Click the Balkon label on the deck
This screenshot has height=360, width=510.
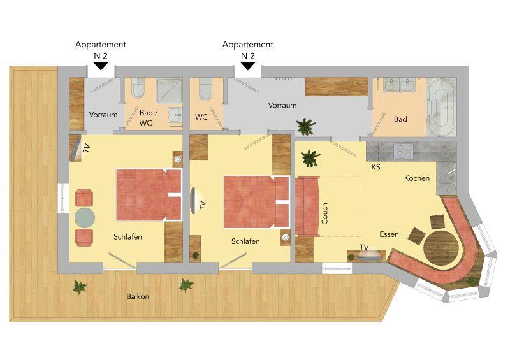click(x=138, y=296)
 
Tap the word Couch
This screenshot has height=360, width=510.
click(x=324, y=213)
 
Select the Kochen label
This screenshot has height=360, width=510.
click(x=417, y=178)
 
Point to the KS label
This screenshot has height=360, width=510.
click(x=375, y=167)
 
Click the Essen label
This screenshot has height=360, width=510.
click(x=389, y=234)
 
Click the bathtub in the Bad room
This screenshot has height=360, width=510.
click(x=441, y=106)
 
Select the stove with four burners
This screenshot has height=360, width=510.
click(x=404, y=151)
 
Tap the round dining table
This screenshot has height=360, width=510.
click(x=441, y=248)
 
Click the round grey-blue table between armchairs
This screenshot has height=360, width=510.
click(x=85, y=217)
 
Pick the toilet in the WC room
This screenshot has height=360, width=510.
click(x=205, y=89)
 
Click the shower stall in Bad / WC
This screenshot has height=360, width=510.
click(x=169, y=90)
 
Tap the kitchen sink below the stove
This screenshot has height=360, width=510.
click(x=446, y=178)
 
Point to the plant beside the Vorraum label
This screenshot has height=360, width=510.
click(x=306, y=127)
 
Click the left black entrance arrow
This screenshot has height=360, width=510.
click(x=101, y=66)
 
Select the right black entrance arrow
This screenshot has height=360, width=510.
click(x=248, y=66)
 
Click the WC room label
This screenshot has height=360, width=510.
click(x=201, y=117)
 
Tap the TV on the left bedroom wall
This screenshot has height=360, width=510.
click(x=76, y=148)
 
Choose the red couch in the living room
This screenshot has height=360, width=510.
click(x=307, y=206)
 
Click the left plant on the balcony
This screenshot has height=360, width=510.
click(x=80, y=287)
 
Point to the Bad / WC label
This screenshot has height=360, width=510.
click(x=149, y=118)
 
